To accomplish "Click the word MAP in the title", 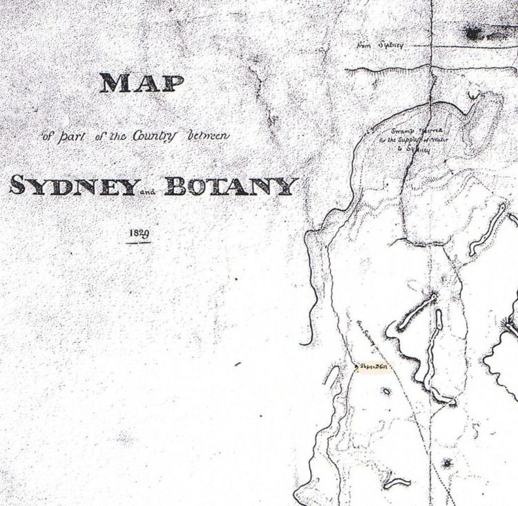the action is coord(142,84).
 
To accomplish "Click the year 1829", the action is coord(139,234).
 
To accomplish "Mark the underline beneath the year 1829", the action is coord(139,243).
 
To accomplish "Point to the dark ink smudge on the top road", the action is coord(475,31).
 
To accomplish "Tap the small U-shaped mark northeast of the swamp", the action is coord(474,93).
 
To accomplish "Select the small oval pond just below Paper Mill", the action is coord(386,392).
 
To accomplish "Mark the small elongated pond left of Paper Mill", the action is coord(333,375).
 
